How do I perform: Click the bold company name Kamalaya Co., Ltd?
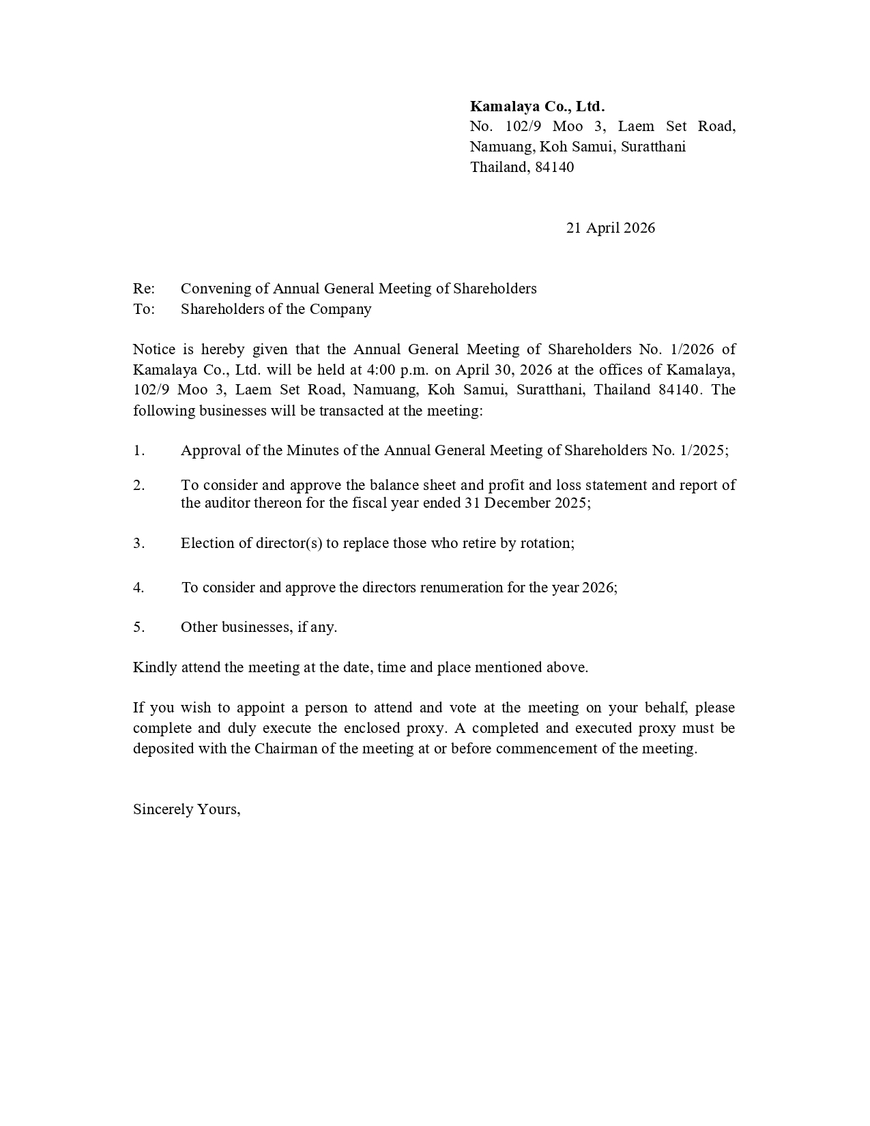click(537, 106)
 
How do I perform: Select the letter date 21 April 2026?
click(610, 228)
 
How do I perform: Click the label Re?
click(144, 289)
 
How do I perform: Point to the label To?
click(144, 309)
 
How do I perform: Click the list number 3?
click(139, 543)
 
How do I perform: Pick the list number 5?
click(139, 627)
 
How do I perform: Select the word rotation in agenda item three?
click(547, 543)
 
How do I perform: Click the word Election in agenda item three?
click(207, 543)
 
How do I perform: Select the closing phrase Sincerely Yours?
click(186, 809)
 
